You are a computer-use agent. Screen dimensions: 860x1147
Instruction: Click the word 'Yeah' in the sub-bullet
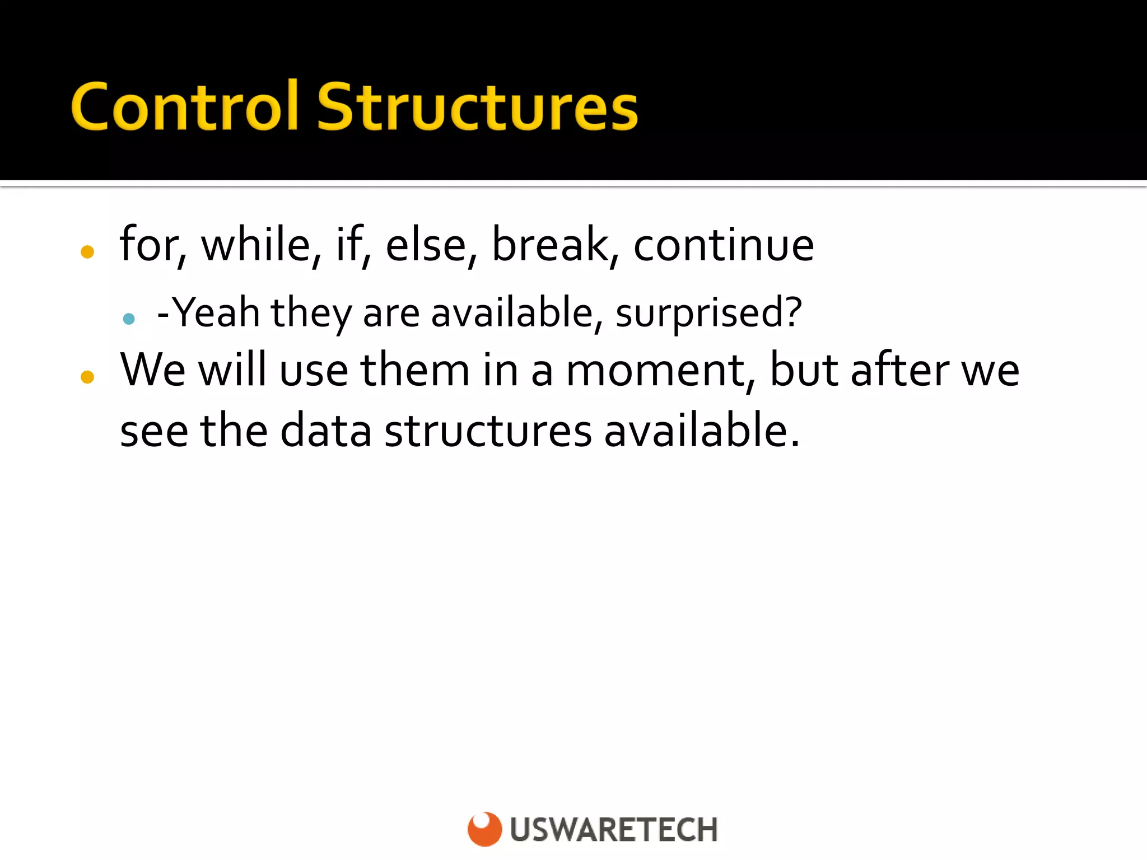coord(216,312)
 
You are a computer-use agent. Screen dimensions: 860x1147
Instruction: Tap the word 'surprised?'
coord(708,313)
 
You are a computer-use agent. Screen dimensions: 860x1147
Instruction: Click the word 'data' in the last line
coord(326,430)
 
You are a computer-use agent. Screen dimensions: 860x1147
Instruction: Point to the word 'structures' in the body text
coord(488,430)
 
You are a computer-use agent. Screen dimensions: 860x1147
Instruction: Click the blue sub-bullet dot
coord(129,319)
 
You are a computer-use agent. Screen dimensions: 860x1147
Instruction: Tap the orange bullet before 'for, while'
coord(87,252)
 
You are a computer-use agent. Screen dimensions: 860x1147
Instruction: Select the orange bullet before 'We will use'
coord(87,377)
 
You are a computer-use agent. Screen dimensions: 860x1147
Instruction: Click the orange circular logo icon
coord(484,829)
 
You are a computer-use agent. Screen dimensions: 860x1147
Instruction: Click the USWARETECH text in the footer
coord(614,830)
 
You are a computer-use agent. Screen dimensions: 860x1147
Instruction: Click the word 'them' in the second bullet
coord(414,370)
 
